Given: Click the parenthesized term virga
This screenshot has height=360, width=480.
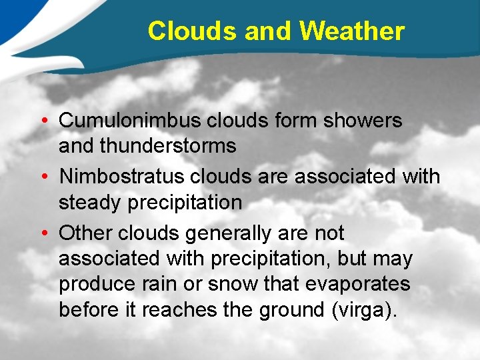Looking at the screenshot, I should [x=368, y=309].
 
